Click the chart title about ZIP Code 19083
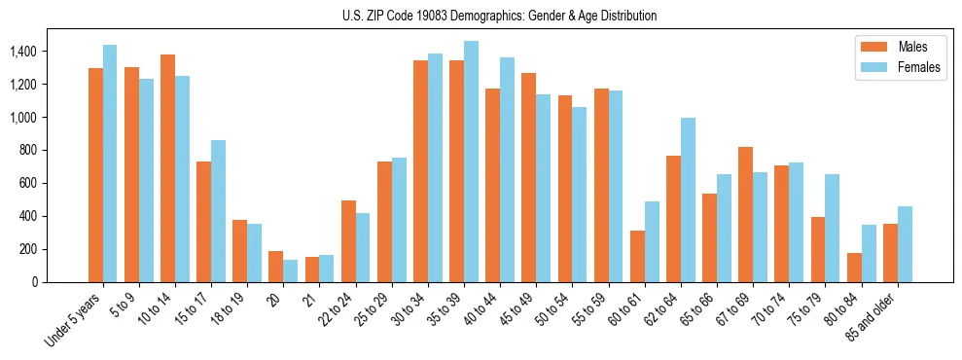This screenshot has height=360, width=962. [x=499, y=16]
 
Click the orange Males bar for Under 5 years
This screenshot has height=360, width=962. [x=95, y=175]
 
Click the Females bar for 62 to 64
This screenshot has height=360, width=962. [x=688, y=199]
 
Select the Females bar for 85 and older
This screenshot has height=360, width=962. [x=905, y=244]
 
